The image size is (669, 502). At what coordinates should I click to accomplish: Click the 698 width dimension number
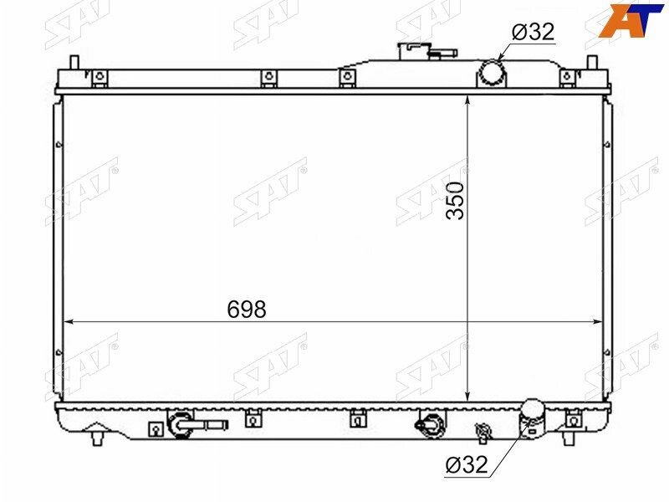(x=247, y=309)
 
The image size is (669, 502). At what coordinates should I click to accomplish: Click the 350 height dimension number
(x=455, y=201)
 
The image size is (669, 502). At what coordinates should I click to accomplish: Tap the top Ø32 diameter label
(x=534, y=32)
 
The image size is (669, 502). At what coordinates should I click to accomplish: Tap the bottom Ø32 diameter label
(x=467, y=464)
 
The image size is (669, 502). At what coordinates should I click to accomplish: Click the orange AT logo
(x=632, y=19)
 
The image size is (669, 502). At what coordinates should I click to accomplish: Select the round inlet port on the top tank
(x=492, y=74)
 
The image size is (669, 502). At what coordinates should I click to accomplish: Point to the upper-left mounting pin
(x=74, y=62)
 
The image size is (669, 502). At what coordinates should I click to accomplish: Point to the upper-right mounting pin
(x=592, y=62)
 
